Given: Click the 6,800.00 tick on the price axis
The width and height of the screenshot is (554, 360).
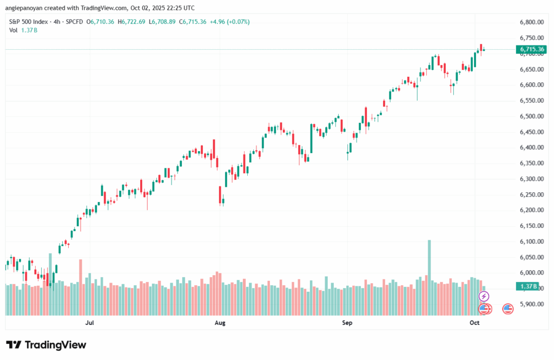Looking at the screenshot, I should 531,22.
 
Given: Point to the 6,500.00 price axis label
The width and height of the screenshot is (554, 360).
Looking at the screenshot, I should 531,116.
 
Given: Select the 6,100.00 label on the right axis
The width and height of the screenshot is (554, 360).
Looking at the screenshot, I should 531,241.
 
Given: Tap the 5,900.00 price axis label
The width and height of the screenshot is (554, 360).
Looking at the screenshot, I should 531,304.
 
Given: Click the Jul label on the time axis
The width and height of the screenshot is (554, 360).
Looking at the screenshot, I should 90,323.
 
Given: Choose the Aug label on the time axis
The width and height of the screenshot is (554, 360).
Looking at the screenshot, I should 220,323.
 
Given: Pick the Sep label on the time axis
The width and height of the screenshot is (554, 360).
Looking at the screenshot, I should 347,323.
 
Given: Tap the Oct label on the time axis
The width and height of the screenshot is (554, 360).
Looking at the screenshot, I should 474,323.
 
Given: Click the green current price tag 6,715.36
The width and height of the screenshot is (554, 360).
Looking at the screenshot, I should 532,49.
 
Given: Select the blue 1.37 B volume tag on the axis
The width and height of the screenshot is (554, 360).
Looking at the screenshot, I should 528,286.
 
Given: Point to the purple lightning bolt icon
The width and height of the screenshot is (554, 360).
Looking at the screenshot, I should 484,296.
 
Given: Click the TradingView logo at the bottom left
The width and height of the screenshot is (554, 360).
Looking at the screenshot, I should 46,345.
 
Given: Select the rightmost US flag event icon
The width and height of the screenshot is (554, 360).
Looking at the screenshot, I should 507,309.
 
